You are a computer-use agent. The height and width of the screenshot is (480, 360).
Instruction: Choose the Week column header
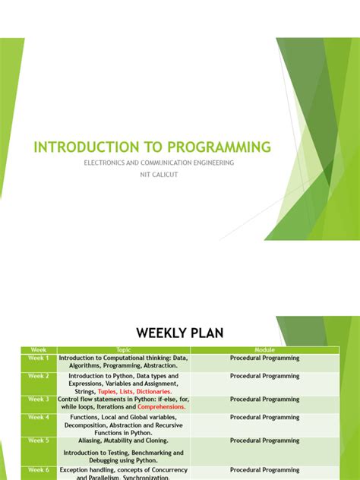click(x=38, y=350)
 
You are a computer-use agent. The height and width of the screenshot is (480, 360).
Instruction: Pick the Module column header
click(x=264, y=350)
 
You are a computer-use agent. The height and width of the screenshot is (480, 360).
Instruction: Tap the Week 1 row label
click(x=38, y=358)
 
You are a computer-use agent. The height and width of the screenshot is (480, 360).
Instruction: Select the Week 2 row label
click(x=38, y=376)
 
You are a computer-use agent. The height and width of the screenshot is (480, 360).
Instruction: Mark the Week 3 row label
click(x=38, y=399)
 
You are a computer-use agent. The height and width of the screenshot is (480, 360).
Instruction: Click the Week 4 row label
click(x=38, y=417)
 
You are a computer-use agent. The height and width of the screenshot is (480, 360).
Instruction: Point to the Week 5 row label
click(x=38, y=440)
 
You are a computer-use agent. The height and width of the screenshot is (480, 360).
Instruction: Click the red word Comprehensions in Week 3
click(x=161, y=406)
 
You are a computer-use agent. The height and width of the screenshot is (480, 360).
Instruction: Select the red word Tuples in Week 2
click(x=107, y=391)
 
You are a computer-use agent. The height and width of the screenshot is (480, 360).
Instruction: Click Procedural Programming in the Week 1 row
click(x=264, y=358)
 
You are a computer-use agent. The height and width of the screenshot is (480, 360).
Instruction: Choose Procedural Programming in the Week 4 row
click(x=264, y=417)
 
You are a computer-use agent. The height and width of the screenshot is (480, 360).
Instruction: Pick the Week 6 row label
click(x=38, y=470)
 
